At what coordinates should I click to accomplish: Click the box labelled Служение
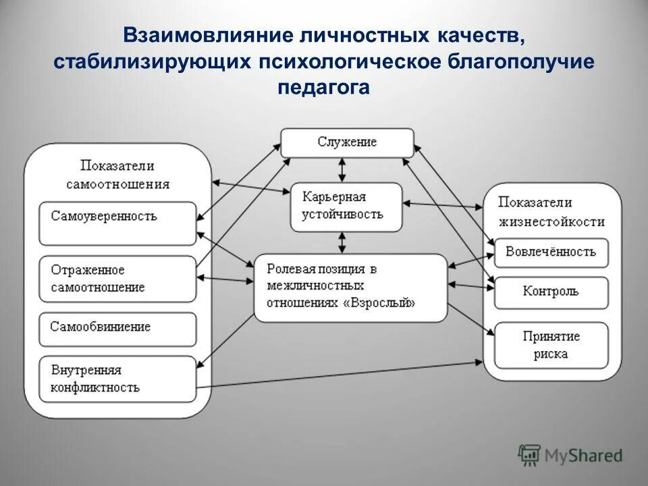[347, 143]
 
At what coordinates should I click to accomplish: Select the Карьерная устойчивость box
[346, 206]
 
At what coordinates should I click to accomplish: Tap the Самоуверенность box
[117, 223]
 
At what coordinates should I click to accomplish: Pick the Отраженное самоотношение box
[117, 278]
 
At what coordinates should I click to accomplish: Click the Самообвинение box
[117, 329]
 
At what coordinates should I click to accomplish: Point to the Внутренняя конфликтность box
[117, 379]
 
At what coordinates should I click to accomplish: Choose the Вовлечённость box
[551, 252]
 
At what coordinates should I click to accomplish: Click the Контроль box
[551, 292]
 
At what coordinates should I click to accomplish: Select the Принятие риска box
[551, 344]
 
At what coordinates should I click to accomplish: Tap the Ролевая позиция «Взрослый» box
[350, 287]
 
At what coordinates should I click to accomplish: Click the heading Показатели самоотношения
[117, 174]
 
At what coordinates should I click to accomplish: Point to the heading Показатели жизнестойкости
[551, 211]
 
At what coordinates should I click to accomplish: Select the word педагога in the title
[323, 88]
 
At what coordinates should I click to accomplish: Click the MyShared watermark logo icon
[530, 455]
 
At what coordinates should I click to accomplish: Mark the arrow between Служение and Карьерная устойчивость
[344, 169]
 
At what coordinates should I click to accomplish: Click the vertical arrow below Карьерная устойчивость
[344, 242]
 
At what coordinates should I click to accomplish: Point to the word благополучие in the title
[520, 61]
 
